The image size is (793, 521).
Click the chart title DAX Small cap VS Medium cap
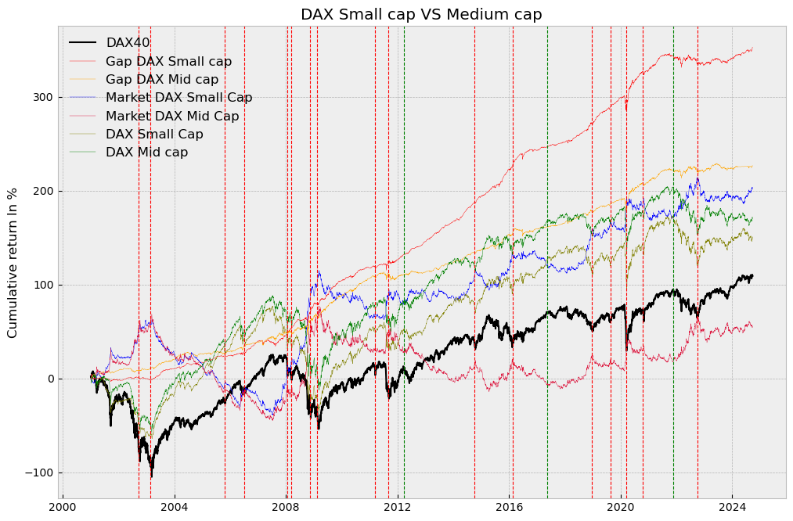point(421,14)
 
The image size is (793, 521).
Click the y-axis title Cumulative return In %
point(13,263)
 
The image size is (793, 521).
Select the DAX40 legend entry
point(128,43)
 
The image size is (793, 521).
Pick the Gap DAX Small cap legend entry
point(168,61)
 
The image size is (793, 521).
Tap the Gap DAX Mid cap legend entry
point(162,79)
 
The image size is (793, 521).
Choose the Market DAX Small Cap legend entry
point(178,98)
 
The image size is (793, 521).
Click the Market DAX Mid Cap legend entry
point(172,116)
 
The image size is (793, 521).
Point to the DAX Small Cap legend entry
point(154,135)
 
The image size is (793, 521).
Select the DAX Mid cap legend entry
point(147,153)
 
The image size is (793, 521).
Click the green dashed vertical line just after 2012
point(404,235)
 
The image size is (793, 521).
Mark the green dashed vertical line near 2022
point(673,235)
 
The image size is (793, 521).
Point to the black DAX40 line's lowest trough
point(151,475)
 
